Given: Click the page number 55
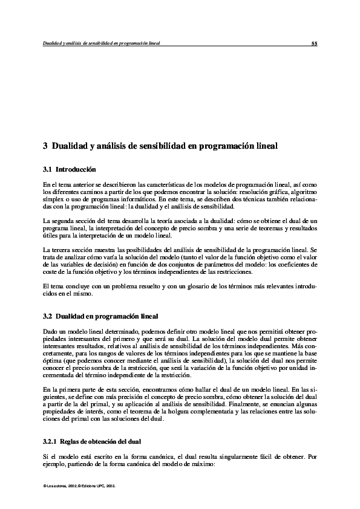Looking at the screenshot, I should pyautogui.click(x=315, y=44).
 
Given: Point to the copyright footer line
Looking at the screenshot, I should pyautogui.click(x=81, y=485).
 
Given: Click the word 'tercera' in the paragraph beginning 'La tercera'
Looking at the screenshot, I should pyautogui.click(x=59, y=250).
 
